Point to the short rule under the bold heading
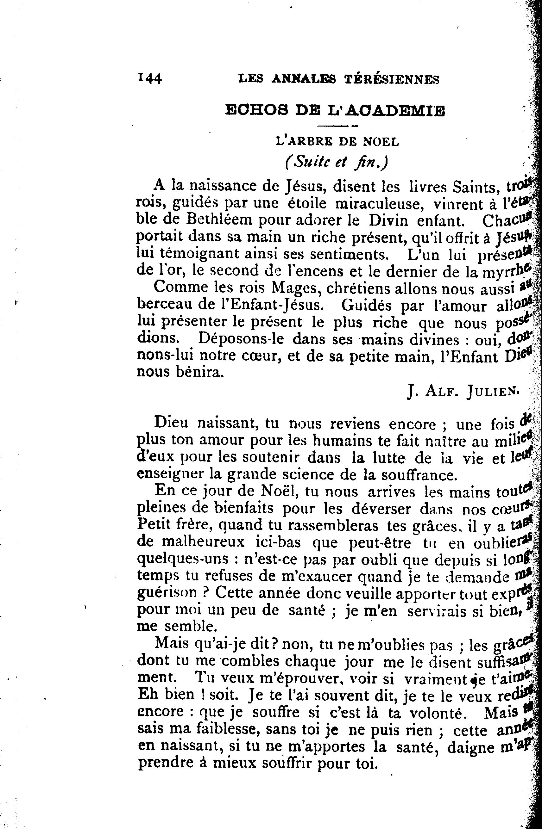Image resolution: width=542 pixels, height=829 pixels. (338, 126)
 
